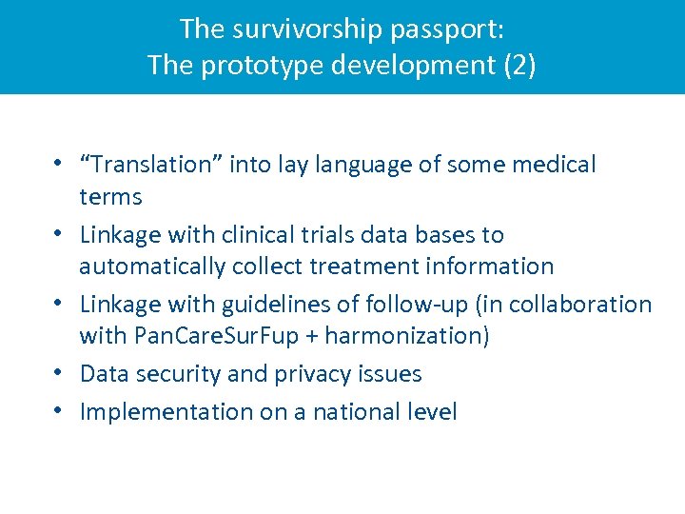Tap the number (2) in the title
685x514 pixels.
518,66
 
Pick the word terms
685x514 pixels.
110,197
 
